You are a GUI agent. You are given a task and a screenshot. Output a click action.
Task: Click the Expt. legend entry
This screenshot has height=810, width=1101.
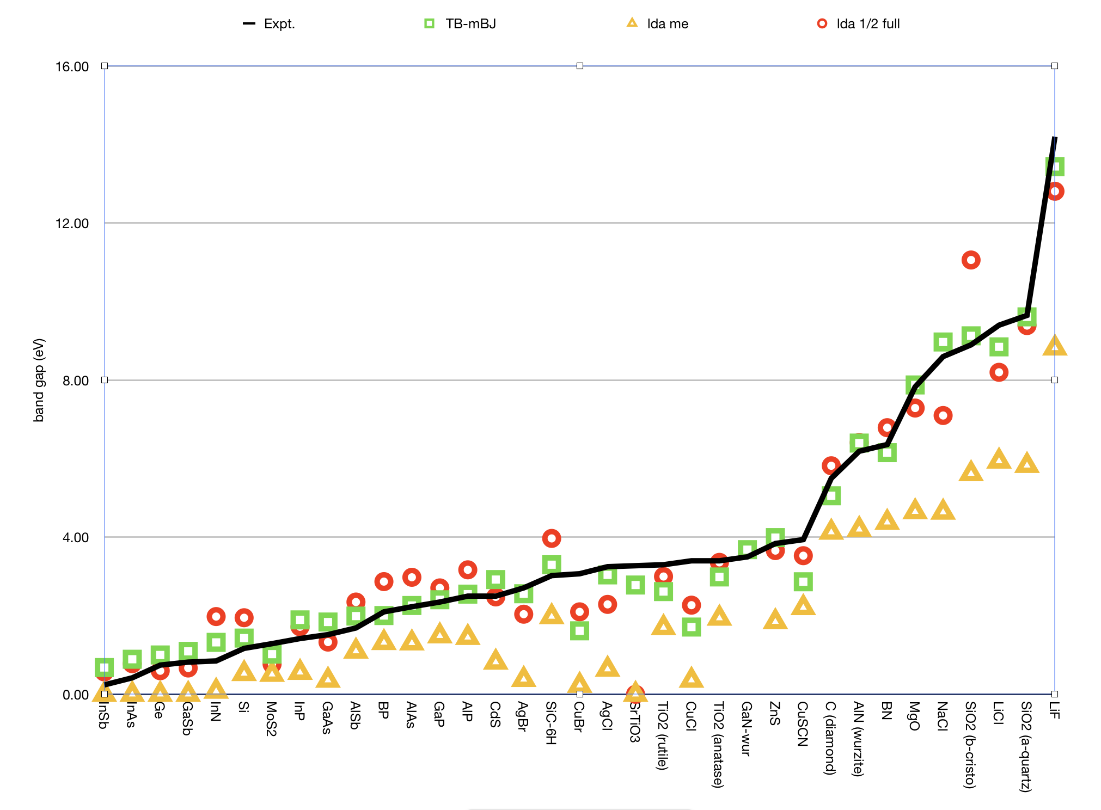[269, 24]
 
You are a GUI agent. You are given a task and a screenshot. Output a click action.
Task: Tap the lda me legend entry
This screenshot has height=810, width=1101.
[658, 24]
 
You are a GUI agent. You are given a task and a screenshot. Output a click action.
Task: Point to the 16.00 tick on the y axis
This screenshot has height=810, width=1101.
[72, 66]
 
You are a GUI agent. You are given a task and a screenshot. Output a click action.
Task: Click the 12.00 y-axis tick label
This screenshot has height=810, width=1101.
[72, 223]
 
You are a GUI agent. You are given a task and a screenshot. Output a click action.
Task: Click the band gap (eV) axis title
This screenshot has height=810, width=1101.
[39, 380]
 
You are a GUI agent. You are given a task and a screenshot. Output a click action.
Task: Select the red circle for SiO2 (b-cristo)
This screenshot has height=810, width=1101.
[970, 260]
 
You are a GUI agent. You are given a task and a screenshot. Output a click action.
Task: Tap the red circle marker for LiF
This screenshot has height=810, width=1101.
[1055, 192]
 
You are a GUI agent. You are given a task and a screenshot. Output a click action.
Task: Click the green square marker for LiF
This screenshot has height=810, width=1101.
[1055, 167]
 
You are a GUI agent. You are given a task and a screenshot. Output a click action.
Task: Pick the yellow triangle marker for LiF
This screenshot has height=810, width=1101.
[1055, 346]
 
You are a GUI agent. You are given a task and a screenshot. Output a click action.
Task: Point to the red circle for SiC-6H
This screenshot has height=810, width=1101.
[552, 538]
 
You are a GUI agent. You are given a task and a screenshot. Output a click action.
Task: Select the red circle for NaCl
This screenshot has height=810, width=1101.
[943, 416]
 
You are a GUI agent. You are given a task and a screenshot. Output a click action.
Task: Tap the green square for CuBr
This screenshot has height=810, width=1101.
[579, 631]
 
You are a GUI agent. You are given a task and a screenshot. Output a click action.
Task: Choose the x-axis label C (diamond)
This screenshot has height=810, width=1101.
[830, 738]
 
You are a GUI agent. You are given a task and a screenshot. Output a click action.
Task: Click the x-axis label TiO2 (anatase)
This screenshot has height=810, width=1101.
[718, 745]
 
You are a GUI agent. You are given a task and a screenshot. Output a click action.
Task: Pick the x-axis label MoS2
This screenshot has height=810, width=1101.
[271, 719]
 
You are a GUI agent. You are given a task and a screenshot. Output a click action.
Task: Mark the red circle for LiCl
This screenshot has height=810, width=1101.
[999, 372]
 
